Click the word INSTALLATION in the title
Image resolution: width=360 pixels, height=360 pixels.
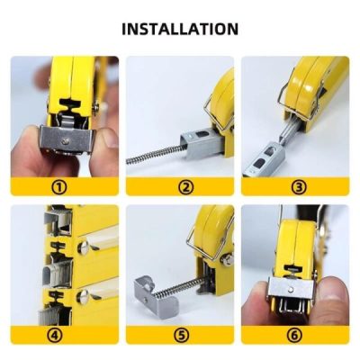(x=180, y=29)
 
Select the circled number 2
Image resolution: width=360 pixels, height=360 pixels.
(x=179, y=186)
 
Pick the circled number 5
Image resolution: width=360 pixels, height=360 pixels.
(x=179, y=335)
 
